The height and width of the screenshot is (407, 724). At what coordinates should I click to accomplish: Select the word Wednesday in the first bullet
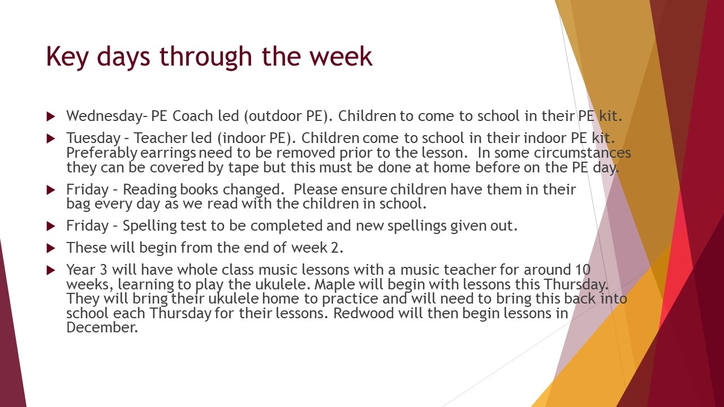105,116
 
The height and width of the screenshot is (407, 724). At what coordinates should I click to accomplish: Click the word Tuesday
93,138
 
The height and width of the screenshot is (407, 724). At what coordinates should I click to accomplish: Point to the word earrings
168,153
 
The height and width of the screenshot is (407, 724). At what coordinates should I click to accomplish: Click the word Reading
150,189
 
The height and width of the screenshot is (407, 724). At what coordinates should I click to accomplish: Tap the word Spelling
150,226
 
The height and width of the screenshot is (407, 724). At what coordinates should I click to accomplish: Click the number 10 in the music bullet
583,270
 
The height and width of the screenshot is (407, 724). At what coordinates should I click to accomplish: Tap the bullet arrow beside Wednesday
51,116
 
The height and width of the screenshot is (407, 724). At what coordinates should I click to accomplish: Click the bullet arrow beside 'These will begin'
51,248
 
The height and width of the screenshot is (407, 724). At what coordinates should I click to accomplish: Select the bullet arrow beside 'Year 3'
51,270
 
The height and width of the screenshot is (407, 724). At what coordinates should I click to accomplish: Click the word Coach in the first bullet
192,116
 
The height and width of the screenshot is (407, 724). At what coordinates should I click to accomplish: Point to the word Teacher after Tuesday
160,138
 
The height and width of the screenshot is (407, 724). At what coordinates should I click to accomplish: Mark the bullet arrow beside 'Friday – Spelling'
51,227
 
